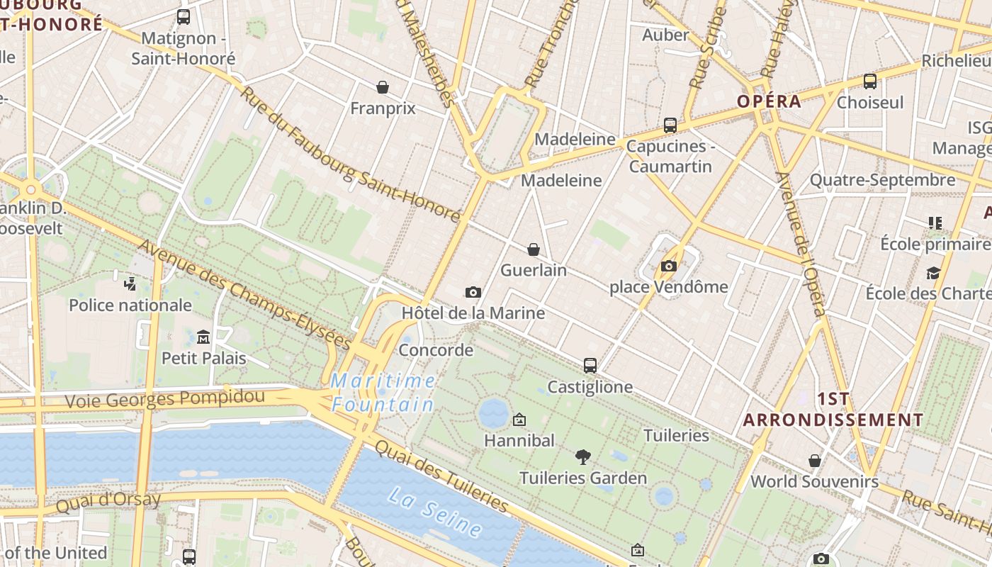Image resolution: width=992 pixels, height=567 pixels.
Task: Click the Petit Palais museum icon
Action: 203,336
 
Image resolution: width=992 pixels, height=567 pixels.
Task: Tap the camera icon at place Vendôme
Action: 668,266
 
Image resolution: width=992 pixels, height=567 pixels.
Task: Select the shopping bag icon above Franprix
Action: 383,87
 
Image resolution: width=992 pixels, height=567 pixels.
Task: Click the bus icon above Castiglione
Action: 590,366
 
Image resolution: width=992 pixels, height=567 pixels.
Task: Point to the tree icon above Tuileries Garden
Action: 583,456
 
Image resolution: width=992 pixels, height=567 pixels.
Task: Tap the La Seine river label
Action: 435,511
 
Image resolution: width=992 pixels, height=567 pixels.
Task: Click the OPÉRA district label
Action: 769,101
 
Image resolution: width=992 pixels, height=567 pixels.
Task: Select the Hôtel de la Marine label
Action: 473,313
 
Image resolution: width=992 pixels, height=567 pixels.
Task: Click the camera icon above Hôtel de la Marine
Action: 473,292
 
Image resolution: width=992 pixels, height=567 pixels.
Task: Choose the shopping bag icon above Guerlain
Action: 534,249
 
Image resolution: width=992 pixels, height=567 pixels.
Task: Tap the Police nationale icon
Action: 130,285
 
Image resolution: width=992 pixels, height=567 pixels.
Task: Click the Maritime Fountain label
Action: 383,393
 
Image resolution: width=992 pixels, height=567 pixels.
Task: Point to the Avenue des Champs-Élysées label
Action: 244,294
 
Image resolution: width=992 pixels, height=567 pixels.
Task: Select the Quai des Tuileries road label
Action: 441,476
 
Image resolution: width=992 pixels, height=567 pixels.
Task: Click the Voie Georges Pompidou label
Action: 164,398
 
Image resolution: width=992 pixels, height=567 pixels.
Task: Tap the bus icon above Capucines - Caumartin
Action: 670,125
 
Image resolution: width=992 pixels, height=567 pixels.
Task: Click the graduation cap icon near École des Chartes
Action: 934,273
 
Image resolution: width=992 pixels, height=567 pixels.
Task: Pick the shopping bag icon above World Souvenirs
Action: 815,461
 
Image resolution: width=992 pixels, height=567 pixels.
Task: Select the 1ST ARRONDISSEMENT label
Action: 833,409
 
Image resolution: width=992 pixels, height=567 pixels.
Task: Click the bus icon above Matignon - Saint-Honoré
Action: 184,17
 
